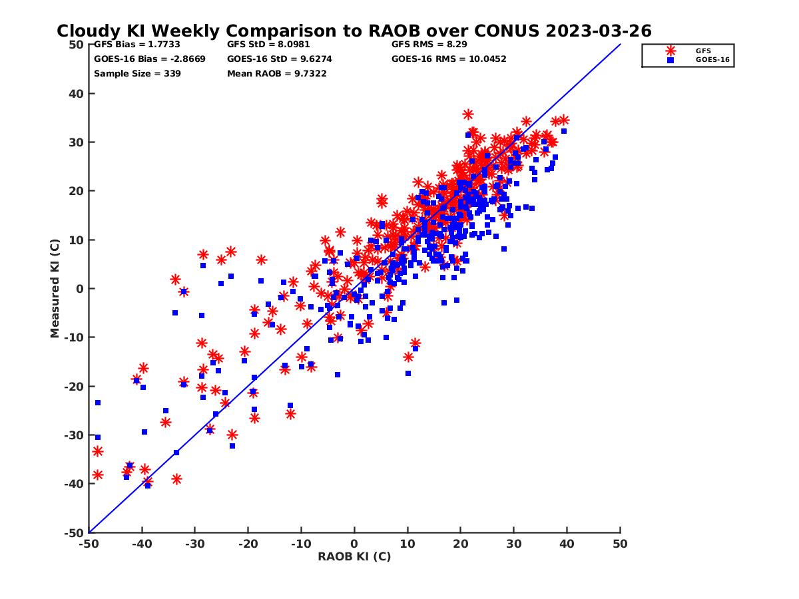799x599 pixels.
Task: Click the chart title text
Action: pos(354,31)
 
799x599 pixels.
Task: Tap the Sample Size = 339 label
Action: pos(137,73)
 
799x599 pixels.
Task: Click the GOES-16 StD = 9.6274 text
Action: pos(280,59)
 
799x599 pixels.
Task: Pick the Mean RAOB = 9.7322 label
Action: pos(277,73)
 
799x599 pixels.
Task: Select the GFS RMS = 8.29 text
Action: pos(429,45)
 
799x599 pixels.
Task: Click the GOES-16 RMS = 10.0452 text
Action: pos(449,59)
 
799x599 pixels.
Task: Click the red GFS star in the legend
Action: pos(670,51)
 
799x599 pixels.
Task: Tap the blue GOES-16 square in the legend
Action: pos(670,60)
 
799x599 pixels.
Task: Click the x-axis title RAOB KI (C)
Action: pos(354,556)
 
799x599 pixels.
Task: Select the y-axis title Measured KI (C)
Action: pos(55,289)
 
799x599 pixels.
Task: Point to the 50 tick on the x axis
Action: pos(620,544)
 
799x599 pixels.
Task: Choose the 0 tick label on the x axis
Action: pos(354,544)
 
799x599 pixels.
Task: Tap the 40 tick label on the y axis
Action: pos(77,94)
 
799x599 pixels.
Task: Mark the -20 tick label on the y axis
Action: pos(74,387)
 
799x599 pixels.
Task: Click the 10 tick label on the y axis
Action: pos(77,240)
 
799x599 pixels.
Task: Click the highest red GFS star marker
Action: pos(468,114)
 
